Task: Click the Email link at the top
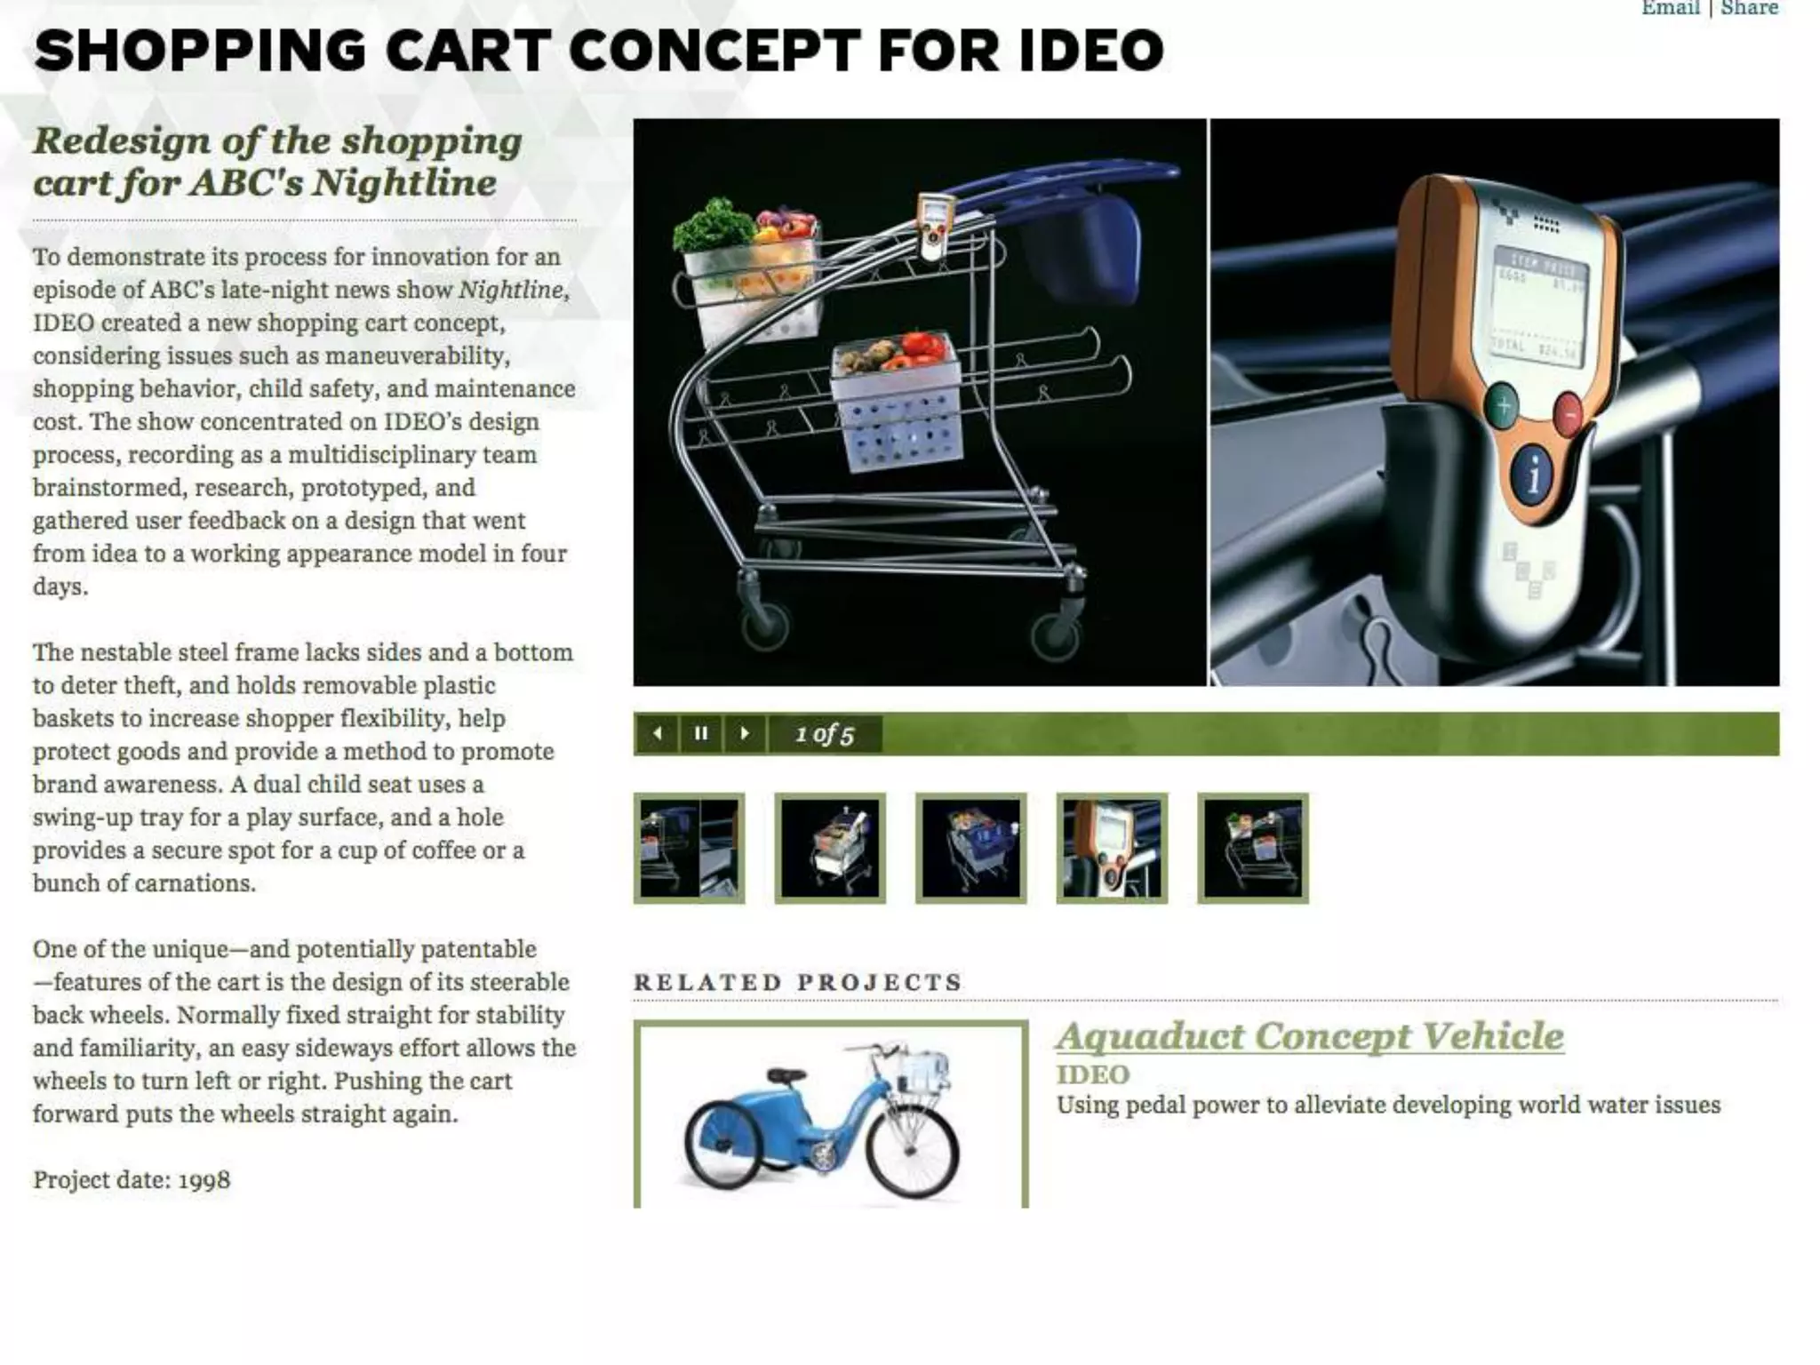click(x=1669, y=9)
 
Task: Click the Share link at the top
click(x=1749, y=9)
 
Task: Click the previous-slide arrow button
click(x=658, y=734)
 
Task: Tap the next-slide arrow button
click(x=745, y=734)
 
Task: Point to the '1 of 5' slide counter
click(x=825, y=735)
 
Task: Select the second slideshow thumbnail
click(x=830, y=848)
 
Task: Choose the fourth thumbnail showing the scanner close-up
click(x=1112, y=848)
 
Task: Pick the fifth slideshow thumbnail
click(x=1253, y=848)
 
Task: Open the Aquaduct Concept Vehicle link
click(x=1310, y=1036)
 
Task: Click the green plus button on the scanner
click(x=1502, y=408)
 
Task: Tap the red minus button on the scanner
click(x=1569, y=414)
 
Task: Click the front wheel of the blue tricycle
click(x=912, y=1150)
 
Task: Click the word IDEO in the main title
click(x=1091, y=51)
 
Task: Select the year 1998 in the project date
click(x=204, y=1180)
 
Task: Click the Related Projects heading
click(x=798, y=982)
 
